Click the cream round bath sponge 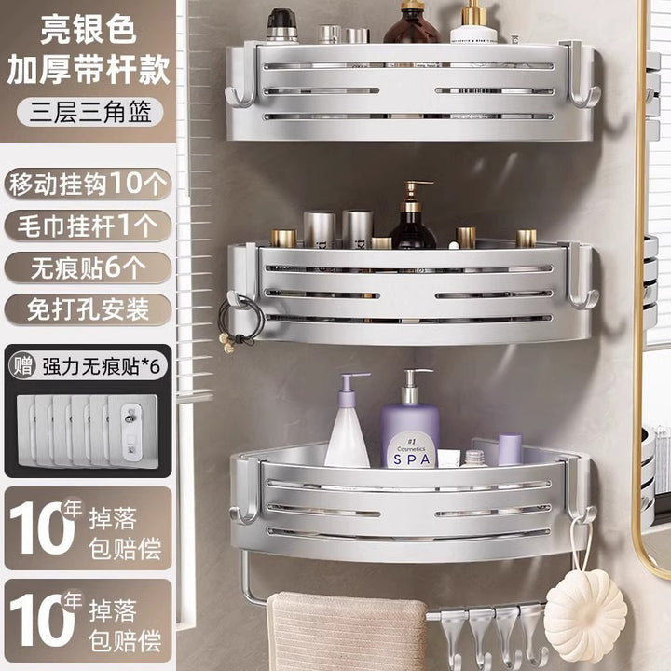(x=585, y=615)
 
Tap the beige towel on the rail (x=347, y=631)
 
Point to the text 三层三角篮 (x=90, y=112)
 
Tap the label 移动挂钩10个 (x=88, y=184)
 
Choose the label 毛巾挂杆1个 (x=88, y=226)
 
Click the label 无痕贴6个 (x=88, y=267)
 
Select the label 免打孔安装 (x=88, y=309)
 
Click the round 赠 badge (x=22, y=366)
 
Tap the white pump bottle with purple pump (x=348, y=420)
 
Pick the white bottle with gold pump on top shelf (x=473, y=22)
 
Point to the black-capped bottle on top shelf (x=281, y=26)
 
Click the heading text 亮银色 (x=89, y=30)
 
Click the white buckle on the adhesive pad (x=131, y=432)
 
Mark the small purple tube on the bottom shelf (x=510, y=449)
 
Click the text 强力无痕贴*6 (x=101, y=367)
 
